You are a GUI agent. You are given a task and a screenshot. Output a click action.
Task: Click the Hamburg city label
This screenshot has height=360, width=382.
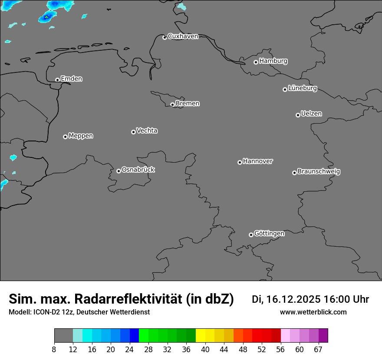point(273,61)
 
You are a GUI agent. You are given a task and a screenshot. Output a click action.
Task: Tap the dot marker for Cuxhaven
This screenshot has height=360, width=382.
point(165,37)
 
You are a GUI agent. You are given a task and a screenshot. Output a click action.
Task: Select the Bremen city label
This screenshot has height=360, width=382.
point(188,104)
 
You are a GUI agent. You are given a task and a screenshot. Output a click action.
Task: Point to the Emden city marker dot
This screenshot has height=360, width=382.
point(57,80)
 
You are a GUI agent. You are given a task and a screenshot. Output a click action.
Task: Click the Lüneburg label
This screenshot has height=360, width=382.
point(302,88)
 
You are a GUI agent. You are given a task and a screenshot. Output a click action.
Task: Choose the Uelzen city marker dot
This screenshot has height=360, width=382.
point(298,115)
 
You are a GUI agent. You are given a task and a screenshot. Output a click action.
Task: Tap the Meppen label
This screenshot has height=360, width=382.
point(81,136)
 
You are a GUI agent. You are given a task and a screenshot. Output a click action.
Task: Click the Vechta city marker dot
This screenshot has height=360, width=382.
point(133,132)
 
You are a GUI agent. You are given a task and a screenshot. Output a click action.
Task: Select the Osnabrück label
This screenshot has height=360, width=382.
point(138,170)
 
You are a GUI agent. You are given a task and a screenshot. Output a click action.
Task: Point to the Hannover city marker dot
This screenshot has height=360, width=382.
point(240,162)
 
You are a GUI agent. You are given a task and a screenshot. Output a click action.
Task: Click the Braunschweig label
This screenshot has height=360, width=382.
point(319,172)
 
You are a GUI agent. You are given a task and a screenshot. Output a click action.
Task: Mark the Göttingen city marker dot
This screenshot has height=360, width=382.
point(251,235)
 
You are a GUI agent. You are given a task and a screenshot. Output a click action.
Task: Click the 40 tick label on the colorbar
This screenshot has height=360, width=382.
point(205,350)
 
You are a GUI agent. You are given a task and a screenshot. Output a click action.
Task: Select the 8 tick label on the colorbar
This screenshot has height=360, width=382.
point(54,350)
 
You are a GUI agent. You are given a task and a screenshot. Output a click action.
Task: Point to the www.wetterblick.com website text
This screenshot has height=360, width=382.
point(313,312)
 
